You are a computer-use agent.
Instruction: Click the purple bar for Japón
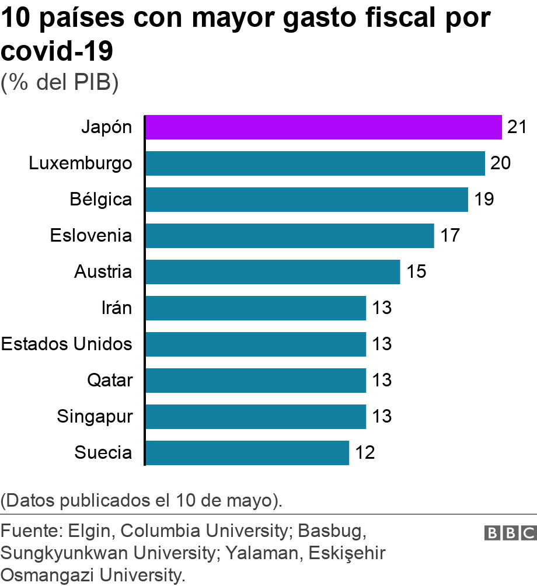(323, 127)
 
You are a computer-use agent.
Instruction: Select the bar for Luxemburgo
(315, 163)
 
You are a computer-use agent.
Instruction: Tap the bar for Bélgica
(306, 200)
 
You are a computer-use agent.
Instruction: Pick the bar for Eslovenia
(289, 236)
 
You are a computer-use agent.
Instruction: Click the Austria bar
(272, 272)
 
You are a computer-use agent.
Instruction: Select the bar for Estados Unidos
(255, 344)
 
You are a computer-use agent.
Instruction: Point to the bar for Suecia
(246, 453)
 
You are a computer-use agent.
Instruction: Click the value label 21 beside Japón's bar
(517, 127)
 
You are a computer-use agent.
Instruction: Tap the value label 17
(450, 236)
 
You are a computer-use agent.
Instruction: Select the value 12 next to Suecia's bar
(365, 453)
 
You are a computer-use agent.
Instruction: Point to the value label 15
(416, 272)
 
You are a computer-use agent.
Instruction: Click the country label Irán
(117, 308)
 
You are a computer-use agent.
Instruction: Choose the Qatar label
(110, 381)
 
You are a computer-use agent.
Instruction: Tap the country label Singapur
(95, 417)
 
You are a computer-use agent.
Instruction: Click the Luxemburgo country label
(81, 163)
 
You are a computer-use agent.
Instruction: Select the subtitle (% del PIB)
(60, 82)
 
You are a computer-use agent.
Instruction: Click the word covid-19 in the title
(57, 51)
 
